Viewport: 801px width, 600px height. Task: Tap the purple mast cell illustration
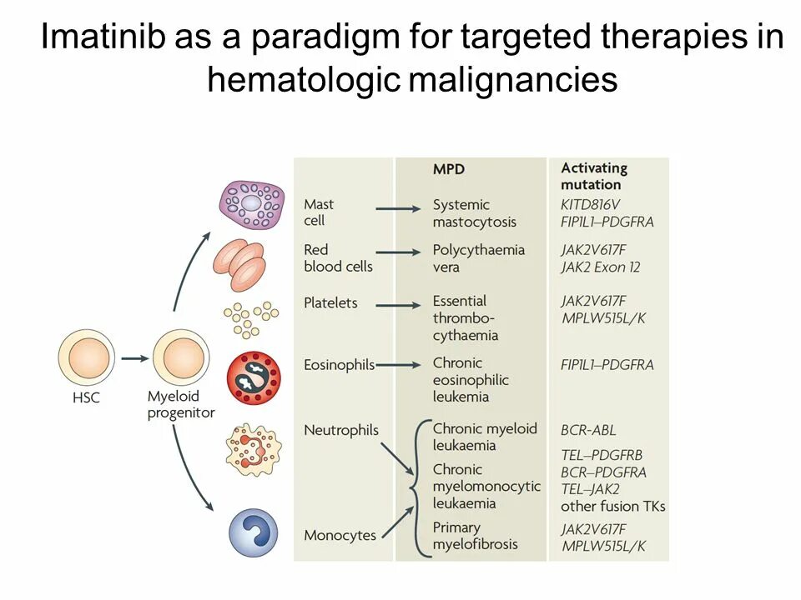(252, 204)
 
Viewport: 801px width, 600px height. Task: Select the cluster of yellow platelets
(249, 320)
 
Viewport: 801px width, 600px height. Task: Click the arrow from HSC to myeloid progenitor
(133, 358)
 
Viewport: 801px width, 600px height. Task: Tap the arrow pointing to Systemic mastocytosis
(398, 210)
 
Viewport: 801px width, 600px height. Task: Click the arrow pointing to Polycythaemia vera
(398, 252)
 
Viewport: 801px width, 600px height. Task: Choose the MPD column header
(448, 168)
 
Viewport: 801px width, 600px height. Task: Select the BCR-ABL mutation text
(588, 430)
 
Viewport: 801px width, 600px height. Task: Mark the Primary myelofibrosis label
(475, 536)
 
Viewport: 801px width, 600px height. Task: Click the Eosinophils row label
(339, 364)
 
